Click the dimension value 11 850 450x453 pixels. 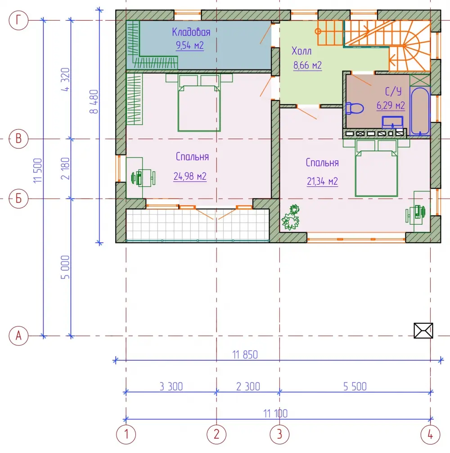coord(245,354)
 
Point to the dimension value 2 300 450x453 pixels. coord(248,386)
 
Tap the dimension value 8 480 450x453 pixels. coord(94,102)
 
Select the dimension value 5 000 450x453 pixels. coord(65,267)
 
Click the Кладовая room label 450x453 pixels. coord(191,32)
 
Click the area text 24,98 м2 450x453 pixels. coord(190,176)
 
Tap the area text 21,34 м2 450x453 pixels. coord(322,181)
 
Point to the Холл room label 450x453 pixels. coord(301,51)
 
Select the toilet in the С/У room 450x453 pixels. coord(355,109)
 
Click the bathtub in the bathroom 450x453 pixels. coord(420,111)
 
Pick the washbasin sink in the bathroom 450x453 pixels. coord(392,122)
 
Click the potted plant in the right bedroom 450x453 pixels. coord(291,217)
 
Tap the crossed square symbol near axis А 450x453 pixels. coord(423,331)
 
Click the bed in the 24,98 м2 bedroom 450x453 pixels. coord(199,103)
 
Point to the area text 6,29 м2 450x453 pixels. coord(391,105)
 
